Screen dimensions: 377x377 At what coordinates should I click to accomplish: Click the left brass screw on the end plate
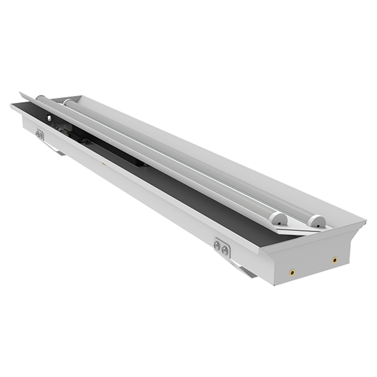tap(292, 271)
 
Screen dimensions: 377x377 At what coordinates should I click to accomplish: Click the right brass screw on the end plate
tap(334, 260)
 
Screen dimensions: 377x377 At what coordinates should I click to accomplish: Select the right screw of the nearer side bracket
tap(225, 250)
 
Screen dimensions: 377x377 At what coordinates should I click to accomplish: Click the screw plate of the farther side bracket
tap(40, 135)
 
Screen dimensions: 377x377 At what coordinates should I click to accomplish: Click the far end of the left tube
tap(40, 98)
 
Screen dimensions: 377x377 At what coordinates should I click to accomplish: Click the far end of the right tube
tap(68, 101)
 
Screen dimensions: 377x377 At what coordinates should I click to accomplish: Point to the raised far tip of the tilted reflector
tap(22, 94)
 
